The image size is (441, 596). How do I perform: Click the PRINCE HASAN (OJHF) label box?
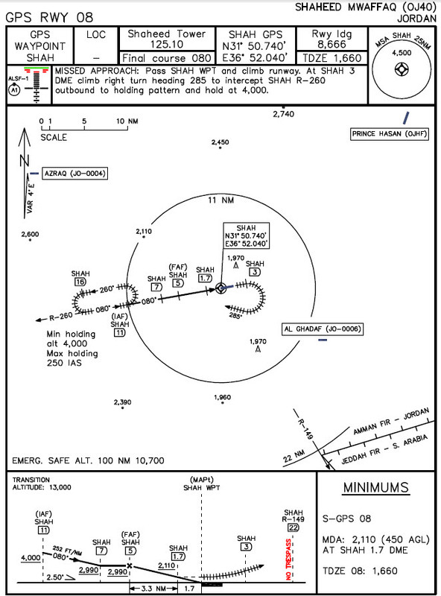coord(390,134)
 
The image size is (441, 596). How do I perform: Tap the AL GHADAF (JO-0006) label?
coord(321,328)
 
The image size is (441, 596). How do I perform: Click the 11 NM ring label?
coord(220,200)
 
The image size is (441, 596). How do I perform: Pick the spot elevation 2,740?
coord(284,114)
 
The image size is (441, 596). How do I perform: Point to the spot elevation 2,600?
coord(31,235)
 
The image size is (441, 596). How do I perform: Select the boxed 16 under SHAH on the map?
coord(80,282)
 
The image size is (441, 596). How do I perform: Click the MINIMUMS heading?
coord(375,489)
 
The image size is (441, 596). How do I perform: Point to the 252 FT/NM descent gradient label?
coord(68,548)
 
